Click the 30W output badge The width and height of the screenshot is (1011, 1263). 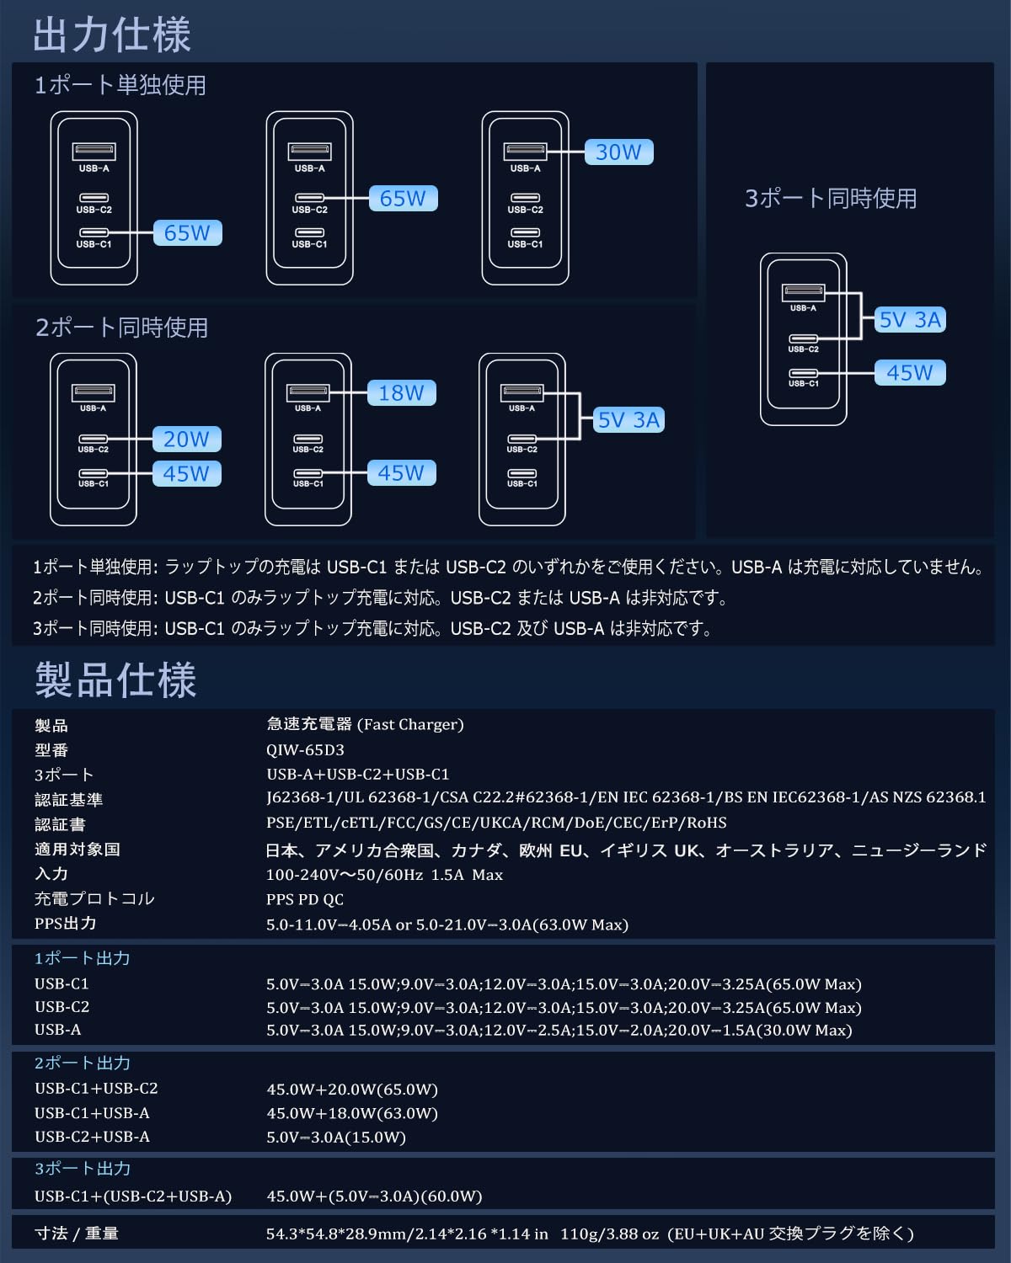[x=618, y=152]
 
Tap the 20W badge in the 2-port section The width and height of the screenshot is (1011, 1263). [x=186, y=439]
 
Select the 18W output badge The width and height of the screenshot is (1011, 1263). [x=401, y=393]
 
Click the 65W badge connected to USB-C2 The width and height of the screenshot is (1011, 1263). [x=403, y=199]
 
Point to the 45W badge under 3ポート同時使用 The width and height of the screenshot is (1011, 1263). [x=910, y=373]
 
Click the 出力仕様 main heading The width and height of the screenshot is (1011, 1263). [x=112, y=35]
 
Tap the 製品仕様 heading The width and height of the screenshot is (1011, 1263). [x=115, y=680]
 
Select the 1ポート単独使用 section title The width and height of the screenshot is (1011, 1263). [x=120, y=85]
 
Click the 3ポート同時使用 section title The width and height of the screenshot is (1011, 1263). [x=831, y=199]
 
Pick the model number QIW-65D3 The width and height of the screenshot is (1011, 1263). [x=305, y=750]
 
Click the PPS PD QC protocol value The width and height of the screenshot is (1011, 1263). [x=305, y=899]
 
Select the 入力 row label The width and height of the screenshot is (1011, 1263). [x=51, y=874]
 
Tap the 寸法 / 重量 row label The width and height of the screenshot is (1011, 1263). [x=77, y=1234]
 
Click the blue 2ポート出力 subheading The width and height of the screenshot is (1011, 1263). [x=83, y=1063]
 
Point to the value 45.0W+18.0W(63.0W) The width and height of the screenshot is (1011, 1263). [x=352, y=1113]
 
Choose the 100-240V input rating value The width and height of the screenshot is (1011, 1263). [x=384, y=875]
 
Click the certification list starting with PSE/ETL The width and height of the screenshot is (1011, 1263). [x=496, y=823]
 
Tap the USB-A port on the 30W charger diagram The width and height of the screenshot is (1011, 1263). [x=526, y=152]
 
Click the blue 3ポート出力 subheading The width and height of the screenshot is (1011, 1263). [x=83, y=1169]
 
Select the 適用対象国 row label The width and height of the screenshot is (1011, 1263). [x=78, y=850]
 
